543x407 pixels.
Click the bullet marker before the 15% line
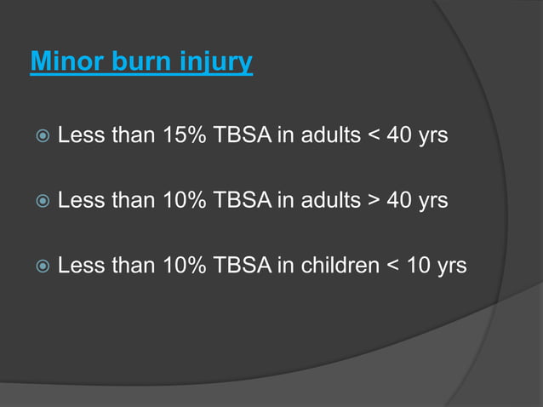[x=39, y=136]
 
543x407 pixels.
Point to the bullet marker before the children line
[x=39, y=267]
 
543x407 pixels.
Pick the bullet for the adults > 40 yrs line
[x=39, y=201]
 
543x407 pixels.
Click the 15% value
[x=181, y=135]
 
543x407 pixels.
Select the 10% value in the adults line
[x=181, y=200]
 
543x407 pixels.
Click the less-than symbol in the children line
[x=392, y=267]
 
